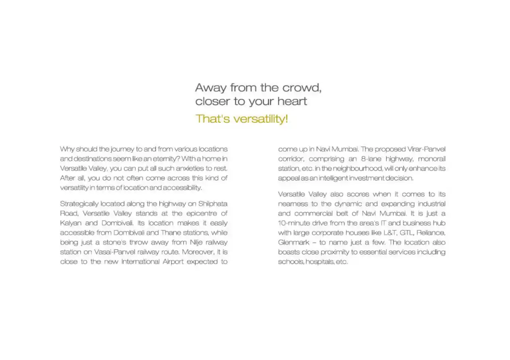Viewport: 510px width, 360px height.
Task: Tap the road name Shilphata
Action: (x=213, y=204)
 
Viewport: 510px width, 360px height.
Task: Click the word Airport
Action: (x=172, y=262)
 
